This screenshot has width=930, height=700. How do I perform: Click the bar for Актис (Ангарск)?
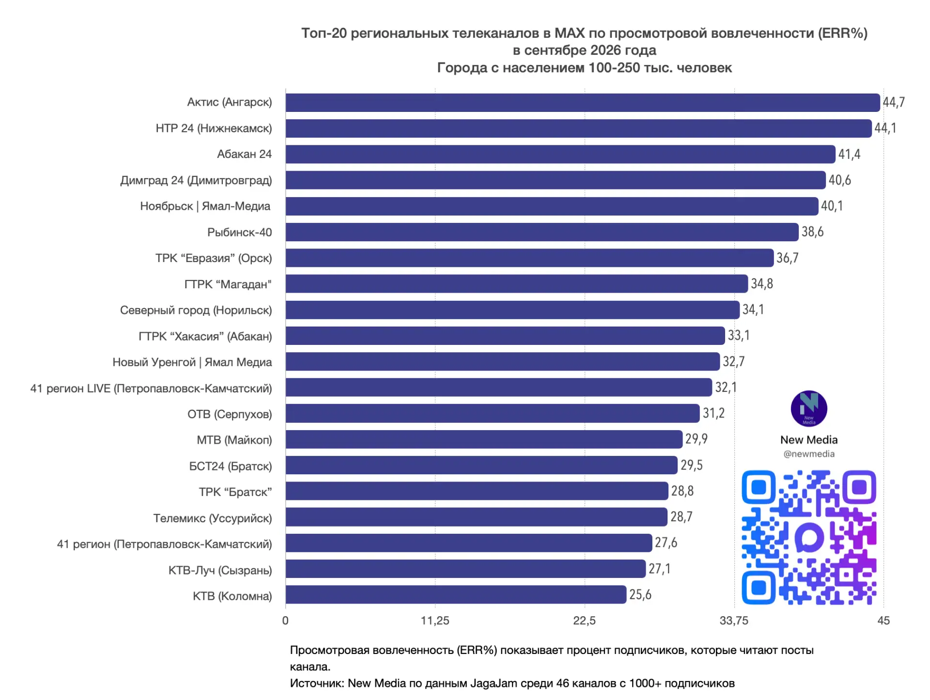583,103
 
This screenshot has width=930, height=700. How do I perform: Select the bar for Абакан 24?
560,154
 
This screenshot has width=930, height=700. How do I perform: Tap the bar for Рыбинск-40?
542,232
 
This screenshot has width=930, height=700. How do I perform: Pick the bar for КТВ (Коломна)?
456,594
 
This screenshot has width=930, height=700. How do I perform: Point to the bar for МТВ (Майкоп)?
484,439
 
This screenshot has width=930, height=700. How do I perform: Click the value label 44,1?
885,128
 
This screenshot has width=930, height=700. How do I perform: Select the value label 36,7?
788,258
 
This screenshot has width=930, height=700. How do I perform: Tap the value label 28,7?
682,517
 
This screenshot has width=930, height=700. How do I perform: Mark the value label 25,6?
640,594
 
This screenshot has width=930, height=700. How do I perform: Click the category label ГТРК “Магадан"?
228,284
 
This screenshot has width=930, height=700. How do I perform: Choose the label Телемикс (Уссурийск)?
213,518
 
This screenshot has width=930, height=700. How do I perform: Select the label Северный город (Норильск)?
196,311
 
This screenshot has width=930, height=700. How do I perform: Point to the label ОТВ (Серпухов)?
230,414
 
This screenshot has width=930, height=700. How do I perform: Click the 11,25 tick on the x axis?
435,621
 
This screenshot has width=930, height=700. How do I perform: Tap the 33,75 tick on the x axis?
734,621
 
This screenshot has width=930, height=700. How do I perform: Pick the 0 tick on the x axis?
285,621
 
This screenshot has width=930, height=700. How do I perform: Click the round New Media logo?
809,409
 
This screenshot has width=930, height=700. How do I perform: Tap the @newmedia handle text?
809,454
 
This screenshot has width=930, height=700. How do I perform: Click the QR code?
809,537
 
